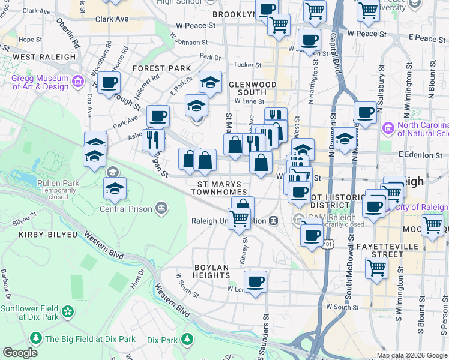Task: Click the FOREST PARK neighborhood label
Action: click(x=161, y=68)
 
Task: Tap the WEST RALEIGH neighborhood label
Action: click(x=44, y=57)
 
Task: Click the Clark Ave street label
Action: click(x=112, y=19)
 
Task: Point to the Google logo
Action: click(x=20, y=353)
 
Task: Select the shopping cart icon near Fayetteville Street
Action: click(x=376, y=268)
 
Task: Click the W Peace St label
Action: click(x=196, y=26)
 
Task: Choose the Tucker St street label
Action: click(x=247, y=65)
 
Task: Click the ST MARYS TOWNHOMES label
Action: click(x=215, y=188)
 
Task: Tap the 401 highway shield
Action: click(x=327, y=244)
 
